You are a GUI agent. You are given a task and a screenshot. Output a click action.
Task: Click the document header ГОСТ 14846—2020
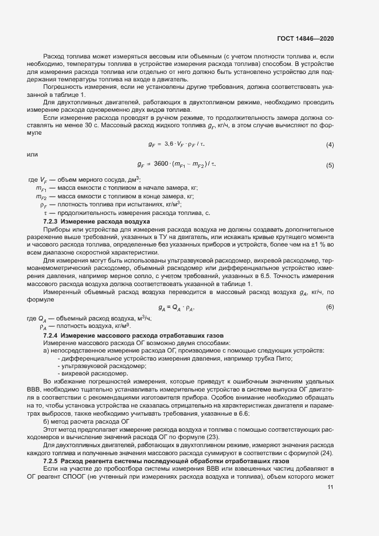coord(304,38)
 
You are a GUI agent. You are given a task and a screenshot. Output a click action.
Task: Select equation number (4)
coord(330,144)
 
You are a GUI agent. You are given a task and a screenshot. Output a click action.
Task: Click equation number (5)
coord(330,166)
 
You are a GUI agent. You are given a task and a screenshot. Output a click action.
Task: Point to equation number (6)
coord(330,307)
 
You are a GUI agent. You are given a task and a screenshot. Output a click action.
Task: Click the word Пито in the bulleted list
coord(284,358)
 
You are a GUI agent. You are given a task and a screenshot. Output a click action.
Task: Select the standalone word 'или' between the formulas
coord(32,155)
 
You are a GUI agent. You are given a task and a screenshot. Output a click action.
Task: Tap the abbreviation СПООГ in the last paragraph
coord(83,476)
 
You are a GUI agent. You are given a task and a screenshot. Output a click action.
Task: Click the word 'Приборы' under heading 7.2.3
coord(57,229)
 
